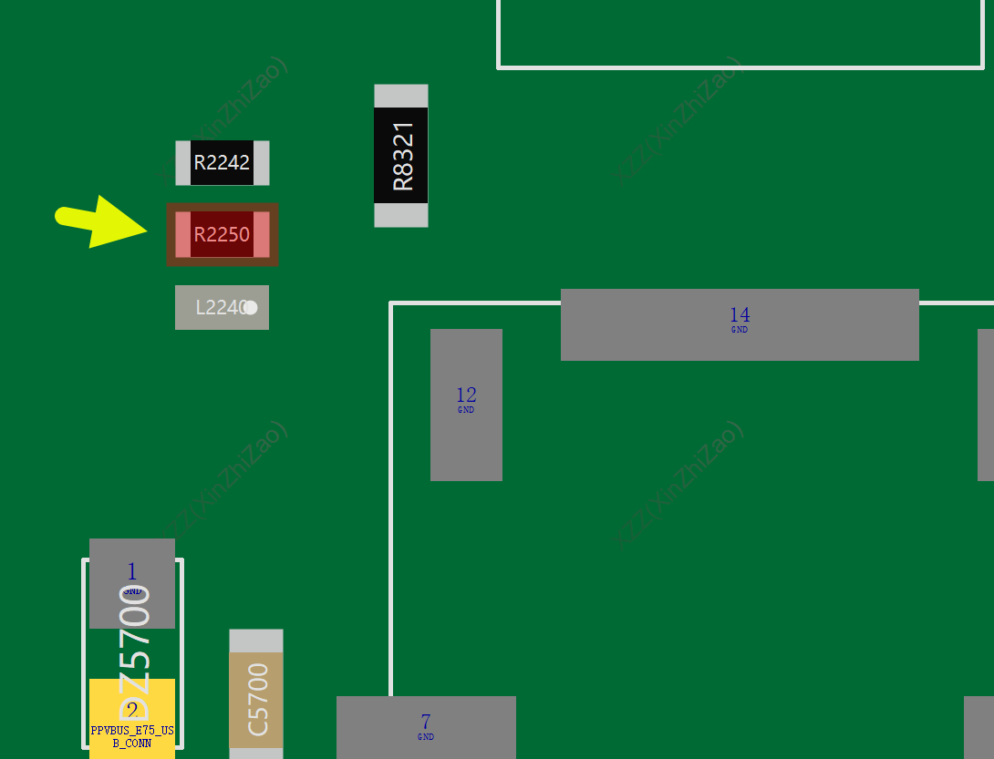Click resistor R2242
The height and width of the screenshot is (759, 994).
pos(222,163)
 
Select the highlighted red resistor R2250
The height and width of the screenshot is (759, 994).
pos(222,234)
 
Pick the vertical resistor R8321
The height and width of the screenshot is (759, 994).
pos(401,156)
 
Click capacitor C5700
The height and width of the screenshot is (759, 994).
pos(256,700)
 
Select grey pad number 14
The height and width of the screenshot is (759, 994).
pos(740,324)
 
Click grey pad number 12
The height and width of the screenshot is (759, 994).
pos(466,405)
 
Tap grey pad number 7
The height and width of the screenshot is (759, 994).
pos(426,727)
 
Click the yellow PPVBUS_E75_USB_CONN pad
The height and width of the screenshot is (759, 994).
pos(132,720)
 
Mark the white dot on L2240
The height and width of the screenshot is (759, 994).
pos(251,308)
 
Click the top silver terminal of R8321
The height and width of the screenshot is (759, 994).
pos(401,96)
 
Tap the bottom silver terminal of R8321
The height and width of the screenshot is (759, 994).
pos(401,215)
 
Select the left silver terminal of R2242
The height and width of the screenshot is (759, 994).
pos(182,163)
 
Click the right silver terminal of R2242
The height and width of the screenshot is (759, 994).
pos(262,163)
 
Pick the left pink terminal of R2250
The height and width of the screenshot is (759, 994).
pos(182,234)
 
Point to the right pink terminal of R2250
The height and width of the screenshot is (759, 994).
pos(262,234)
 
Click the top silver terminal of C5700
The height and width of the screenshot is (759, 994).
pos(256,641)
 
